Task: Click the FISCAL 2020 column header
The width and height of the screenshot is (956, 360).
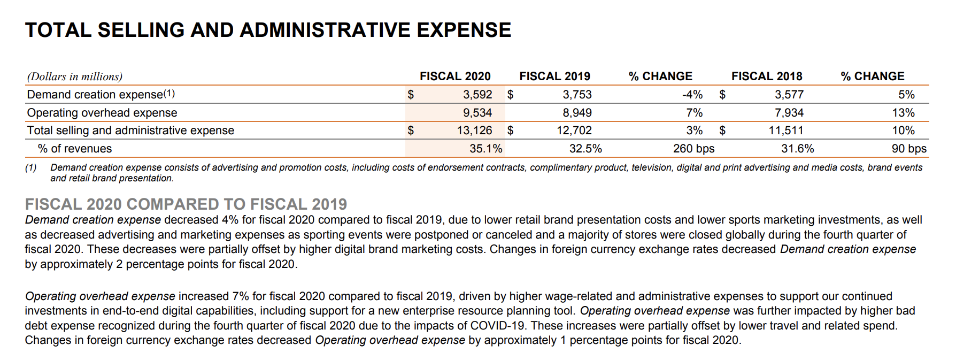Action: click(x=455, y=76)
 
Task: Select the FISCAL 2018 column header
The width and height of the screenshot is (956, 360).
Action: click(x=767, y=76)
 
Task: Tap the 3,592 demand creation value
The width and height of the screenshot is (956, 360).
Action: click(x=477, y=95)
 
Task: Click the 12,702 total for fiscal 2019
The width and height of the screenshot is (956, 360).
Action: click(x=574, y=131)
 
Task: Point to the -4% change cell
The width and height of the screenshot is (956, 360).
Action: click(x=692, y=95)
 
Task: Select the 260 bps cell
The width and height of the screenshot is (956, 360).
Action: click(x=693, y=149)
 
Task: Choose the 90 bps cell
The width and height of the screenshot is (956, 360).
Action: click(x=909, y=149)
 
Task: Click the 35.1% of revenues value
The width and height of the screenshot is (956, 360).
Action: click(x=485, y=149)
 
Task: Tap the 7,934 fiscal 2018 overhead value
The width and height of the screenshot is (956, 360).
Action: click(x=789, y=113)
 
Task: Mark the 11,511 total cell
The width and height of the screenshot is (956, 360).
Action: click(x=786, y=131)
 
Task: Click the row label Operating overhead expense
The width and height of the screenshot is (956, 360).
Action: click(x=102, y=113)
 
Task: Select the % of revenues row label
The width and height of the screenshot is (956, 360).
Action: click(x=75, y=149)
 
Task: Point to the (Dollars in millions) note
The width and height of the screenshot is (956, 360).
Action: click(x=75, y=77)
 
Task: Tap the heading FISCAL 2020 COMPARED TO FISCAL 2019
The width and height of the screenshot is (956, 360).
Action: click(x=186, y=204)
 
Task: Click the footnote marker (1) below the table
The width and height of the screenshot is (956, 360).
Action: click(x=31, y=168)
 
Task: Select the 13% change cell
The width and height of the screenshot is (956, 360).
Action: click(x=903, y=113)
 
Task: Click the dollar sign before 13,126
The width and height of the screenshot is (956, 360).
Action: click(x=411, y=131)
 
